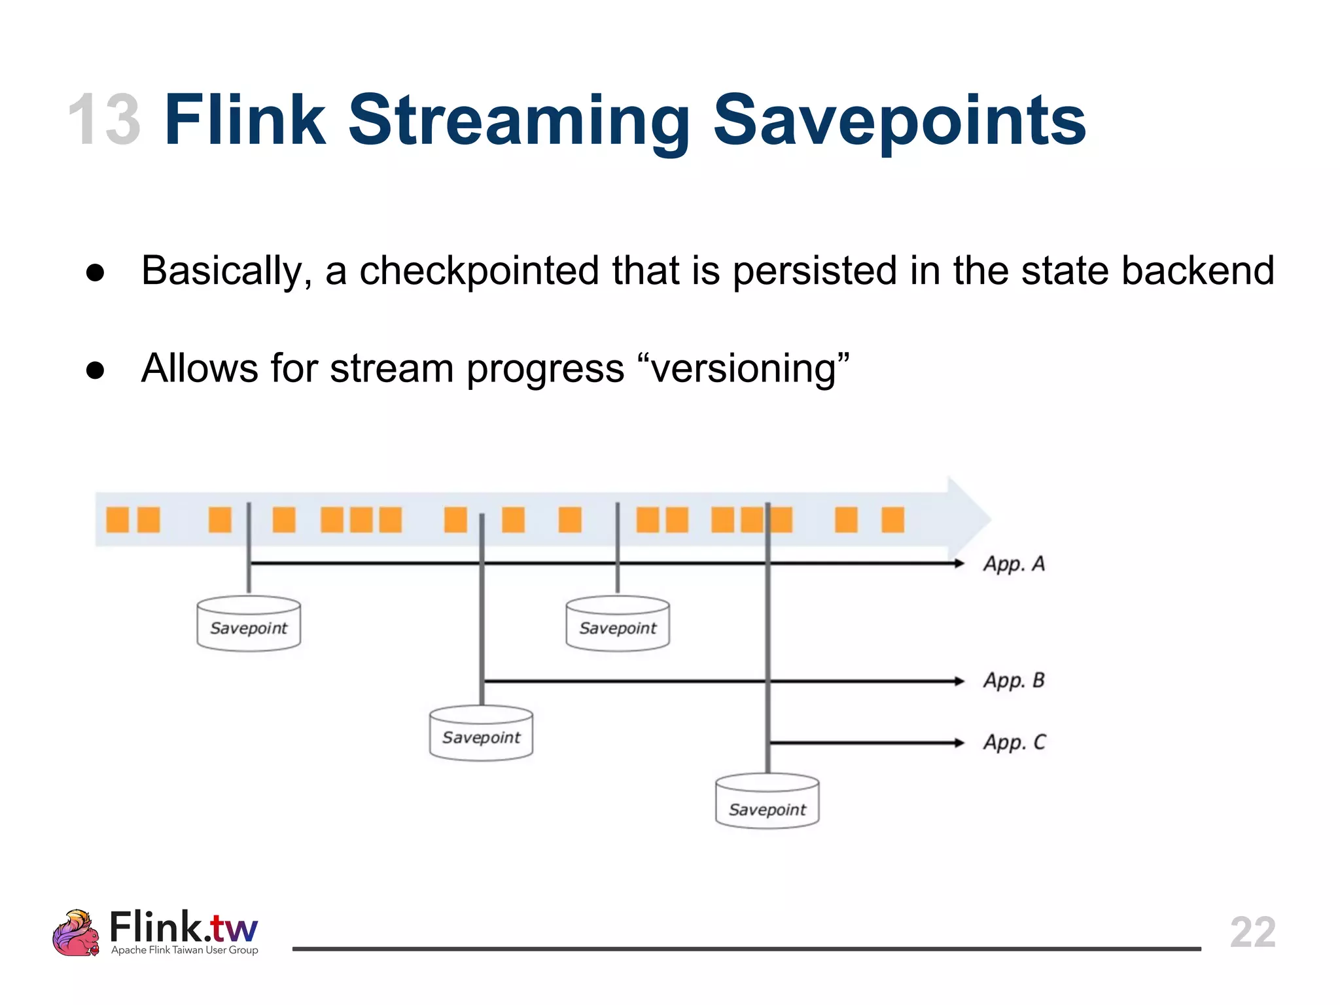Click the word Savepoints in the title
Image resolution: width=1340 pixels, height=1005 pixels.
pos(899,121)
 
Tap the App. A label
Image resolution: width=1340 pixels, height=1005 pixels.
pos(1014,564)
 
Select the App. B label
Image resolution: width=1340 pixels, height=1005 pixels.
pos(1014,681)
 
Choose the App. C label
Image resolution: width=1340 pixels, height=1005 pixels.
pos(1014,743)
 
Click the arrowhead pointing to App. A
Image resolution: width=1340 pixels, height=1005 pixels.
pos(959,563)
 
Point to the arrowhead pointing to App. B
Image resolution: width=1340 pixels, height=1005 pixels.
pos(959,681)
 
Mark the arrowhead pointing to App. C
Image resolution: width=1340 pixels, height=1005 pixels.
pos(959,743)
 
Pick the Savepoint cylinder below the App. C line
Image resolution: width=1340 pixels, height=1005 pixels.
pos(767,802)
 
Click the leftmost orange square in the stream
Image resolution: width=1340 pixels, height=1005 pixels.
pos(117,520)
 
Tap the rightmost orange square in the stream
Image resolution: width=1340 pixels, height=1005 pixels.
pos(892,520)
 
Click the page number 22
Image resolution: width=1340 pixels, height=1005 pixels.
pos(1252,932)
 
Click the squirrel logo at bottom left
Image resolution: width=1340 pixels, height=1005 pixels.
pos(76,933)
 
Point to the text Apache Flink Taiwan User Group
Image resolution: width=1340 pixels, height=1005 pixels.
pos(185,950)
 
